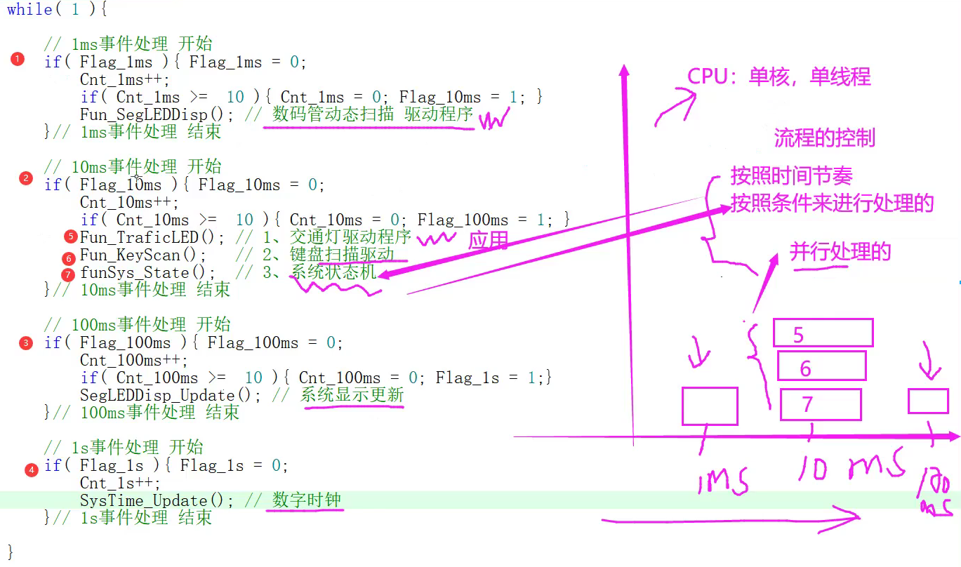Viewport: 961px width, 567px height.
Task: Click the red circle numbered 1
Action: coord(18,59)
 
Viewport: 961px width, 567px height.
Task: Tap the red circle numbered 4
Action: coord(31,470)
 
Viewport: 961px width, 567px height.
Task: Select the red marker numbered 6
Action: coord(68,258)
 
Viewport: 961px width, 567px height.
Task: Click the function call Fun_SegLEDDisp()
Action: coord(148,114)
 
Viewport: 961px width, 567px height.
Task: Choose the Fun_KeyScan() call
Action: coord(143,255)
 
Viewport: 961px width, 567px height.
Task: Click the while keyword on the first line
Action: coord(29,10)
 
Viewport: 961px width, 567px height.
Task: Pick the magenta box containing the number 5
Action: coord(823,333)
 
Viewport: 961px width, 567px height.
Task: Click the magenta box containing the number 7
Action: coord(821,404)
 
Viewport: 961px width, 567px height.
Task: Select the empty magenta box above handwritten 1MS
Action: coord(710,406)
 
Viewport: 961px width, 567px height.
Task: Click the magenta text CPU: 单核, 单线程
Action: coord(778,76)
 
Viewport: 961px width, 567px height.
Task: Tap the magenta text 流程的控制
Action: coord(825,138)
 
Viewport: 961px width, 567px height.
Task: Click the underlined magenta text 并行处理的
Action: coord(840,251)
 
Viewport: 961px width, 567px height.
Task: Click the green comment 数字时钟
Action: coord(307,500)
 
